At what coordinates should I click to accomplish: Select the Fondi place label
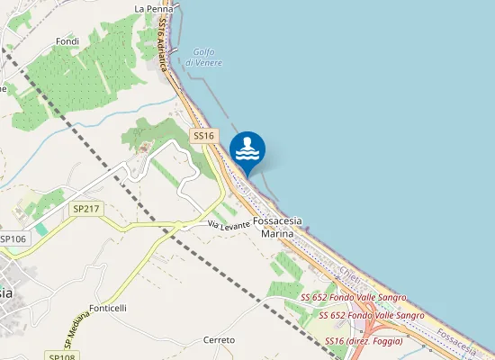tap(67, 41)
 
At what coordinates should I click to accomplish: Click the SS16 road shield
tap(204, 136)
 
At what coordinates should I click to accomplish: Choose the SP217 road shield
tap(86, 209)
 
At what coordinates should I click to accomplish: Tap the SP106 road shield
tap(13, 238)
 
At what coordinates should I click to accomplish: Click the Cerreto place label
tap(220, 340)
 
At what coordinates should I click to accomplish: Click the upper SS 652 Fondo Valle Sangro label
tap(353, 297)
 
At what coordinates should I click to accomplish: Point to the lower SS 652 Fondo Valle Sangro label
tap(373, 315)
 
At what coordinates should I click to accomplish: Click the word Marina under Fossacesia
tap(277, 234)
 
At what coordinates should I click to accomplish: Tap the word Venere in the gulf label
tap(208, 63)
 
